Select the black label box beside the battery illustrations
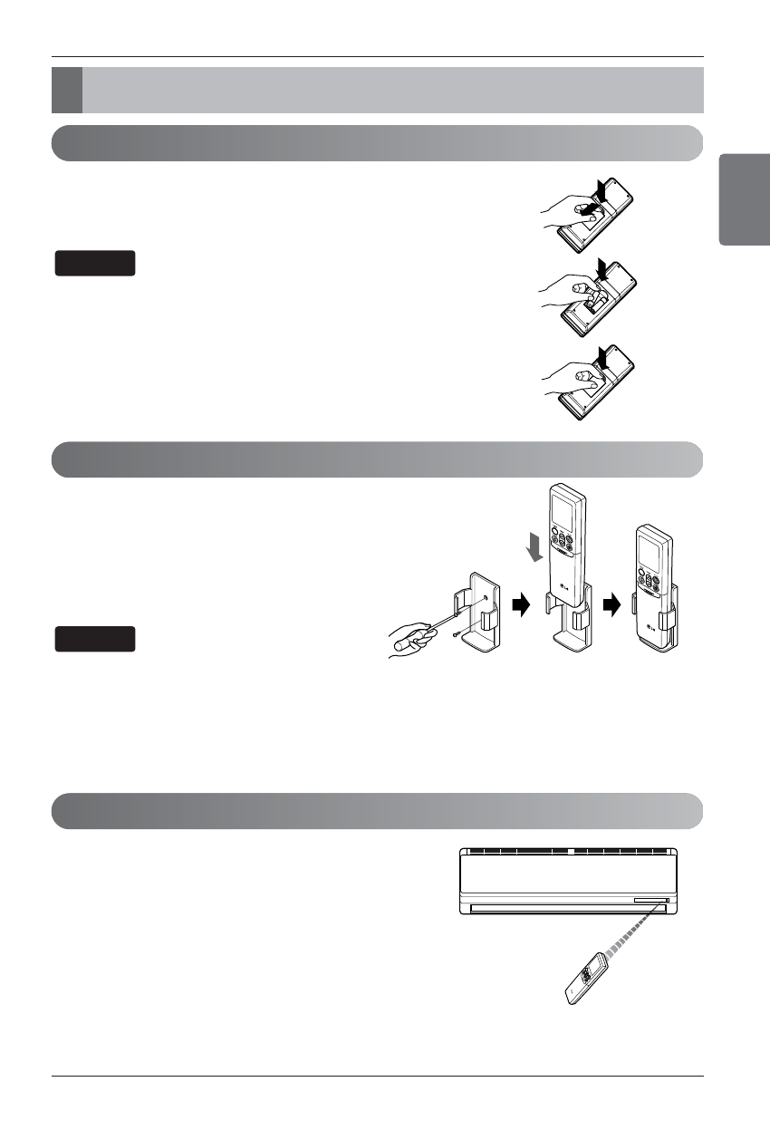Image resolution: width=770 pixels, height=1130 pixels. pyautogui.click(x=95, y=263)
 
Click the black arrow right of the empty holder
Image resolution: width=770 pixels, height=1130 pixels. pyautogui.click(x=520, y=606)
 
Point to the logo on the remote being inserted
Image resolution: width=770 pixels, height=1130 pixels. pyautogui.click(x=565, y=593)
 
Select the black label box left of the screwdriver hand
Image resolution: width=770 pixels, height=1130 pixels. pyautogui.click(x=95, y=638)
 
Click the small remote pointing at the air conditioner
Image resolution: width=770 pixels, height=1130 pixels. pyautogui.click(x=583, y=980)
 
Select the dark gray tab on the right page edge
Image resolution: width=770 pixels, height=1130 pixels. pyautogui.click(x=745, y=198)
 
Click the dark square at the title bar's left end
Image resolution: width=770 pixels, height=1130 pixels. pyautogui.click(x=66, y=90)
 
